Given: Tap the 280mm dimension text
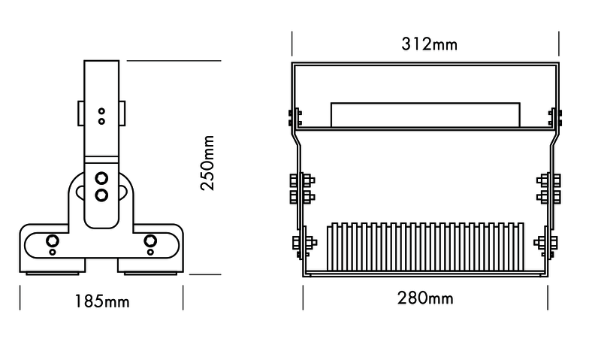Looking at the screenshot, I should click(424, 298).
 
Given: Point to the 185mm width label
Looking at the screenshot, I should click(101, 302).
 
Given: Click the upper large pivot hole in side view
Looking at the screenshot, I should click(101, 178).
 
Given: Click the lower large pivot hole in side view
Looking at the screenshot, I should click(101, 195).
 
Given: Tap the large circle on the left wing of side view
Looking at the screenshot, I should click(53, 241).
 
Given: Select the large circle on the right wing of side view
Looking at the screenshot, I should click(150, 241).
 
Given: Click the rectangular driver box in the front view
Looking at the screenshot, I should click(424, 114).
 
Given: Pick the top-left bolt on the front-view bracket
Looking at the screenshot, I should click(294, 116).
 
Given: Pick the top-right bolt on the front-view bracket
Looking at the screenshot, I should click(556, 116).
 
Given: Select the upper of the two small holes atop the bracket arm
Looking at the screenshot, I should click(101, 110).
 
